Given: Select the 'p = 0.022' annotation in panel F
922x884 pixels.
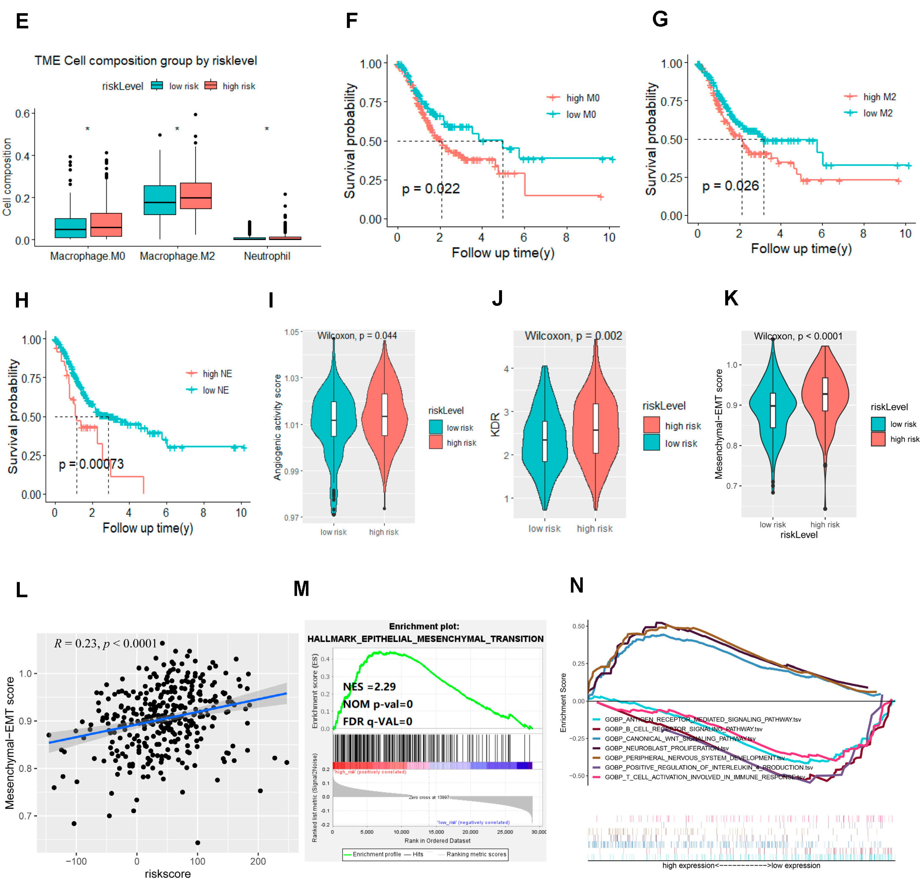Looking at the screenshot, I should [x=431, y=189].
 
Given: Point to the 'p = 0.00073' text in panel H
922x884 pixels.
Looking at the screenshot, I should [x=91, y=464].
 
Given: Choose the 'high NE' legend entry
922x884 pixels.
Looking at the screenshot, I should [x=217, y=374].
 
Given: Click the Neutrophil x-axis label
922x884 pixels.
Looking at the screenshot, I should [x=267, y=256].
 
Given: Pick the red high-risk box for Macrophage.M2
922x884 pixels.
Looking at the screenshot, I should [x=196, y=196].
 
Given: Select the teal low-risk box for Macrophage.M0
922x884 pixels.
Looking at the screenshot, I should [x=71, y=228].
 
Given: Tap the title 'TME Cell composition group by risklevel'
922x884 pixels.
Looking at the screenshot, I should [x=146, y=61].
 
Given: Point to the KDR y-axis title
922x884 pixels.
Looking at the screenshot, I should [x=495, y=425].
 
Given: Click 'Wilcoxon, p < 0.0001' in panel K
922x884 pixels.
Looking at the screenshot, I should [x=798, y=336].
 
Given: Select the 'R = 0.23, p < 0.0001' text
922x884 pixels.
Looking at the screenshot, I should [x=105, y=643].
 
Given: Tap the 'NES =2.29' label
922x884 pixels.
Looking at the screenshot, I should [x=369, y=687].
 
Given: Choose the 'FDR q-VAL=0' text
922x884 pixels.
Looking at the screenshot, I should [x=377, y=721].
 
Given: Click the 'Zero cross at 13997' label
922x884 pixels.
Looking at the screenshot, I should [x=429, y=797].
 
